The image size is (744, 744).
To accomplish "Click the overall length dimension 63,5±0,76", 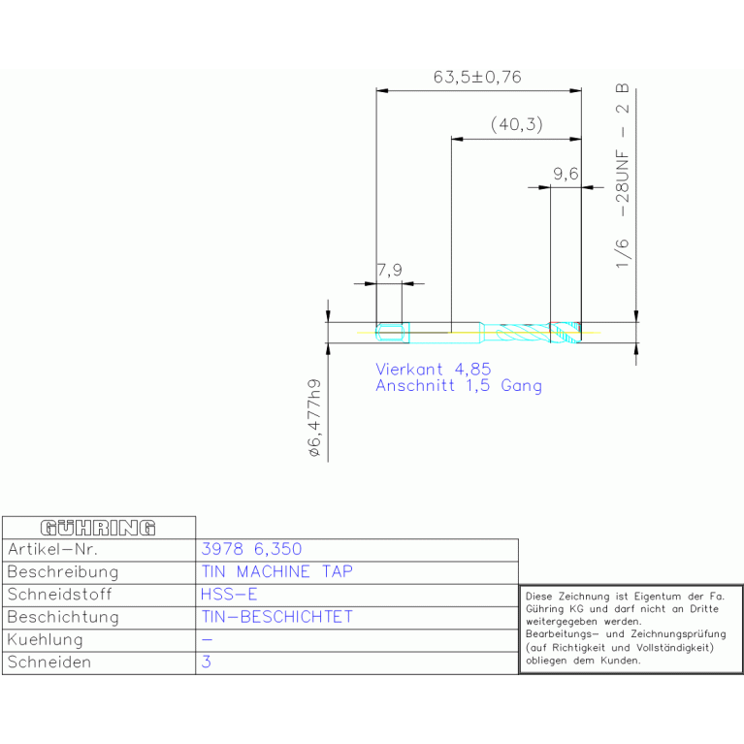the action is [x=477, y=77].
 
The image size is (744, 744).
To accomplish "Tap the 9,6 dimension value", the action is [x=566, y=174].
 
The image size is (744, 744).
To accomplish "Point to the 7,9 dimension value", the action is [x=390, y=270].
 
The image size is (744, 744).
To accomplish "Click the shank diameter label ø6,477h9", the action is [x=314, y=417].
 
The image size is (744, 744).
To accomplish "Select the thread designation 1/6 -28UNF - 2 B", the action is [x=622, y=176].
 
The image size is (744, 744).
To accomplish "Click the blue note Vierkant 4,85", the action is [x=433, y=370].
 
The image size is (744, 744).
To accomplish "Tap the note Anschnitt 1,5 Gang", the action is [x=459, y=385].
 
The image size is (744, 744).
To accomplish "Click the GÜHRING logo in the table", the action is [x=98, y=528].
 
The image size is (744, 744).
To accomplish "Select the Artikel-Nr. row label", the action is [x=52, y=549].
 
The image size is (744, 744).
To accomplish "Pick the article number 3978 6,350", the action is [x=251, y=549].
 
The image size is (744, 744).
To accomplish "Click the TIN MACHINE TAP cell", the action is [x=277, y=571].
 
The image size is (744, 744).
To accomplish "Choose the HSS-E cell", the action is [x=229, y=594].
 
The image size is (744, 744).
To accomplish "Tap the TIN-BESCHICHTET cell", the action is [x=277, y=616].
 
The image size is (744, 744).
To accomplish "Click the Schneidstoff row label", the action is [x=60, y=594].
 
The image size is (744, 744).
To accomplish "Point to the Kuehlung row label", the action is [x=45, y=639].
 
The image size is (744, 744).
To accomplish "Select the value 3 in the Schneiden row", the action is [x=206, y=662].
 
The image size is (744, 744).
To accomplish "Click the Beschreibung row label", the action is [x=63, y=571].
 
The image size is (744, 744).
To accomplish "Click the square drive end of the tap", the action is [x=393, y=332].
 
